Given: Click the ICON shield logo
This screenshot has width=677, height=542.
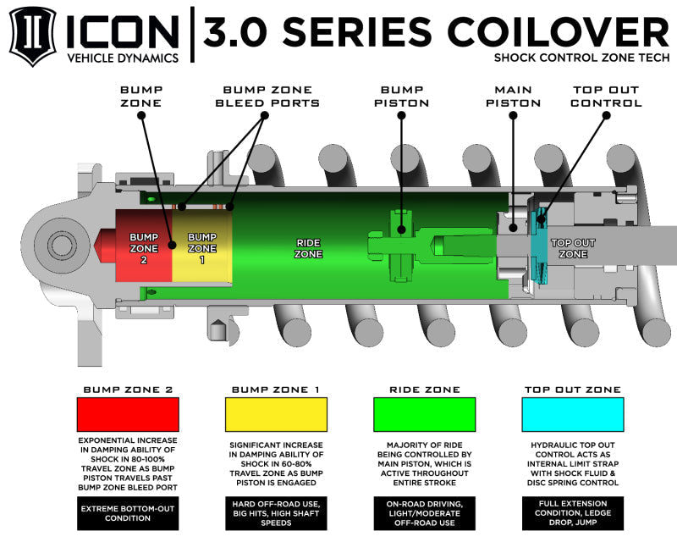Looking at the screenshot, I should point(33,36).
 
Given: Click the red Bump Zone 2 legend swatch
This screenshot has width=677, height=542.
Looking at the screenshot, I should point(128,415).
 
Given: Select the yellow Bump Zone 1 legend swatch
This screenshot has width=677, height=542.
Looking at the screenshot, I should point(276,415).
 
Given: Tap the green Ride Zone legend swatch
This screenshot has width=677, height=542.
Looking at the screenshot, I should point(423,415).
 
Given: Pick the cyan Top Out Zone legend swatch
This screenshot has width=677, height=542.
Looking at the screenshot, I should point(573,415).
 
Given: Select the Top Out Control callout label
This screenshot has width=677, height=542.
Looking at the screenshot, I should point(606,96).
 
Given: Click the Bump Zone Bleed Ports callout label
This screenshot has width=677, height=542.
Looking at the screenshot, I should point(271,96).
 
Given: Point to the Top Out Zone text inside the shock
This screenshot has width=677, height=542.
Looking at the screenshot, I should point(573,247).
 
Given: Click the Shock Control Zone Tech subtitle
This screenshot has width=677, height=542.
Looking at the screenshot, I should point(581,58).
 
